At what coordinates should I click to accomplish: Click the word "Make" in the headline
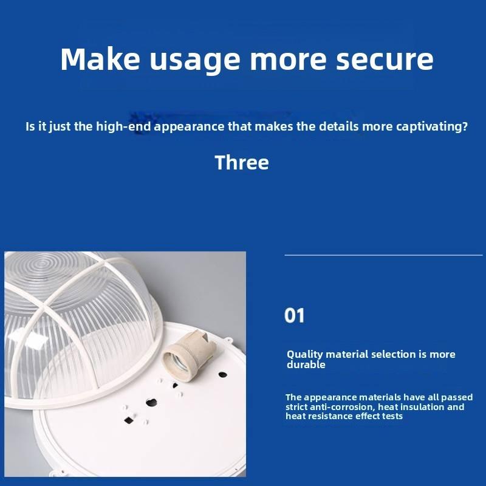(x=100, y=59)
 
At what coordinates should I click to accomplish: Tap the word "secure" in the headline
(x=385, y=60)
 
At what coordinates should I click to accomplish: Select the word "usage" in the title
(x=195, y=62)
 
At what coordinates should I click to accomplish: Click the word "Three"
(x=242, y=162)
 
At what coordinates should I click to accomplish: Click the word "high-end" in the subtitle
(x=123, y=126)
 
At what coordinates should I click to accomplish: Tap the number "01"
(x=294, y=315)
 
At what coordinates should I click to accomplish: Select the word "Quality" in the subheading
(x=305, y=355)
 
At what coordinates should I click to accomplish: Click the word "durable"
(x=306, y=364)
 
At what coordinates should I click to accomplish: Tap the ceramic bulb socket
(x=186, y=355)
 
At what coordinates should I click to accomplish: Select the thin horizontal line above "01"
(x=383, y=255)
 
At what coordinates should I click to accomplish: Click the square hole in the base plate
(x=129, y=420)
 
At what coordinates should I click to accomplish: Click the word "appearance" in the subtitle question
(x=189, y=127)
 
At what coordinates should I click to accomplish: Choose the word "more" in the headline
(x=288, y=62)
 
